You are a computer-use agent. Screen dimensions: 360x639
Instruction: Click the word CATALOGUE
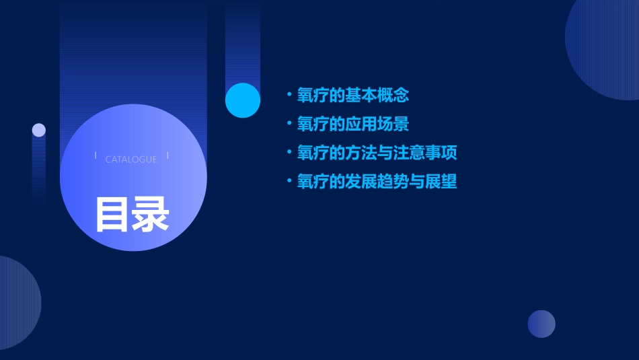131,159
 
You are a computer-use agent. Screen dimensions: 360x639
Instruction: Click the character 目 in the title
112,215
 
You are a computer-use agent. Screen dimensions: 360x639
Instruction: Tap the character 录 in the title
150,215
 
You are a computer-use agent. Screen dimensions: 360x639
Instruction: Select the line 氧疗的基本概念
353,96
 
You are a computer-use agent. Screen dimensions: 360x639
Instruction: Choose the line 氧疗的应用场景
353,124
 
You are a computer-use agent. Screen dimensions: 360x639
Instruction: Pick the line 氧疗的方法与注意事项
377,153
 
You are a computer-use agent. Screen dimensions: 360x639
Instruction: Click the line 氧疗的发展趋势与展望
377,182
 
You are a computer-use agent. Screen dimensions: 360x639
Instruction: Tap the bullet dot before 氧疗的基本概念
289,95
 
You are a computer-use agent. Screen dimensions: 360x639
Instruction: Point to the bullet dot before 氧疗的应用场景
289,124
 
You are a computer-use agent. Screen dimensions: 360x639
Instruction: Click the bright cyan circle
243,100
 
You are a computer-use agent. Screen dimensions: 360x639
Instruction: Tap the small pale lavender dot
39,130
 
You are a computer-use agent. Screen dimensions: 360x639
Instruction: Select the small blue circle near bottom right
541,324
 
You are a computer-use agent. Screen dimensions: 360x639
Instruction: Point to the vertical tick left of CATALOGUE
96,155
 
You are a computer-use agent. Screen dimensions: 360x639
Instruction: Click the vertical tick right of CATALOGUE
167,155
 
